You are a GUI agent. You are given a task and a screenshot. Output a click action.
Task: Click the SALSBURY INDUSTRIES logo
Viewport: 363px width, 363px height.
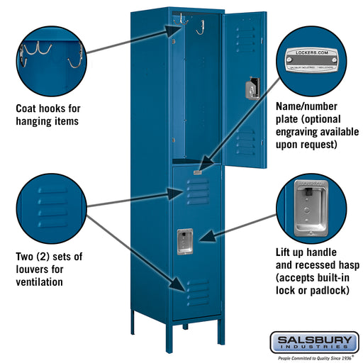pyautogui.click(x=313, y=343)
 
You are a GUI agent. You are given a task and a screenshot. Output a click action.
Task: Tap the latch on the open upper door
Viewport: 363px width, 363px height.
pyautogui.click(x=250, y=88)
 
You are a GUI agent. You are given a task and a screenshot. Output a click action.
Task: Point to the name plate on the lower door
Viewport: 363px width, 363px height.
pyautogui.click(x=196, y=171)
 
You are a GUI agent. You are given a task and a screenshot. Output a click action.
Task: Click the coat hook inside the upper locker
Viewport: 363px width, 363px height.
pyautogui.click(x=200, y=27)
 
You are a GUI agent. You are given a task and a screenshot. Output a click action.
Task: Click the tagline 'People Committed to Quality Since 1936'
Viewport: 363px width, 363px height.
pyautogui.click(x=313, y=358)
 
